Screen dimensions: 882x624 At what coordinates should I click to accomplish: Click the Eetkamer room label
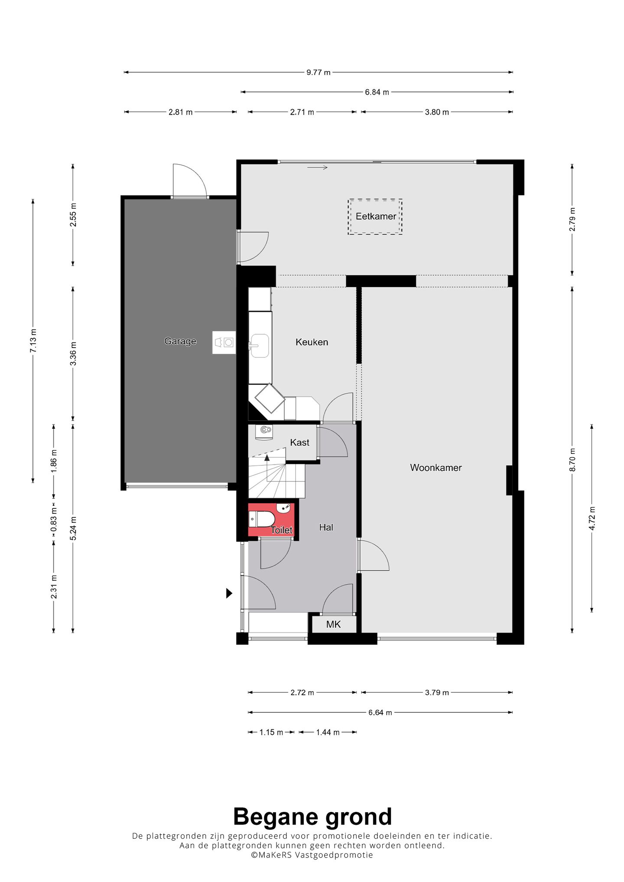tap(376, 216)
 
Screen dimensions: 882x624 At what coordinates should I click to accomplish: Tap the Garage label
tap(180, 341)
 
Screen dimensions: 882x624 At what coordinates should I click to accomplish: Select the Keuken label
tap(312, 342)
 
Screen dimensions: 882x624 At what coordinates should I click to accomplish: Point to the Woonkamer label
tap(436, 468)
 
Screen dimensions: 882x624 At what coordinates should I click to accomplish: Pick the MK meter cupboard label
tap(333, 624)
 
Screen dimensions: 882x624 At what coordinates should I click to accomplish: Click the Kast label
tap(299, 443)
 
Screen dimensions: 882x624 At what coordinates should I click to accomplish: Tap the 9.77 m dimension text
tap(318, 73)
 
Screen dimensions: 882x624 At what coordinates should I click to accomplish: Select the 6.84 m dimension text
tap(377, 92)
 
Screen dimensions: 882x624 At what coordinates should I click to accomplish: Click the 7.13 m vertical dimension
tap(33, 341)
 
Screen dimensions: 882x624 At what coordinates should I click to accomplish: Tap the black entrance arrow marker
tap(229, 593)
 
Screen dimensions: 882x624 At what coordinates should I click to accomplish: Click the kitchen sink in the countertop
tap(260, 346)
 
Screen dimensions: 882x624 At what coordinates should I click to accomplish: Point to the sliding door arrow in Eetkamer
tap(317, 168)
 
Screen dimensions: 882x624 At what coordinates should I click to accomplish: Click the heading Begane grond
tap(312, 817)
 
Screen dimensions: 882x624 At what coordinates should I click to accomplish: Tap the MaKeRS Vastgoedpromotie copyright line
tap(312, 855)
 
